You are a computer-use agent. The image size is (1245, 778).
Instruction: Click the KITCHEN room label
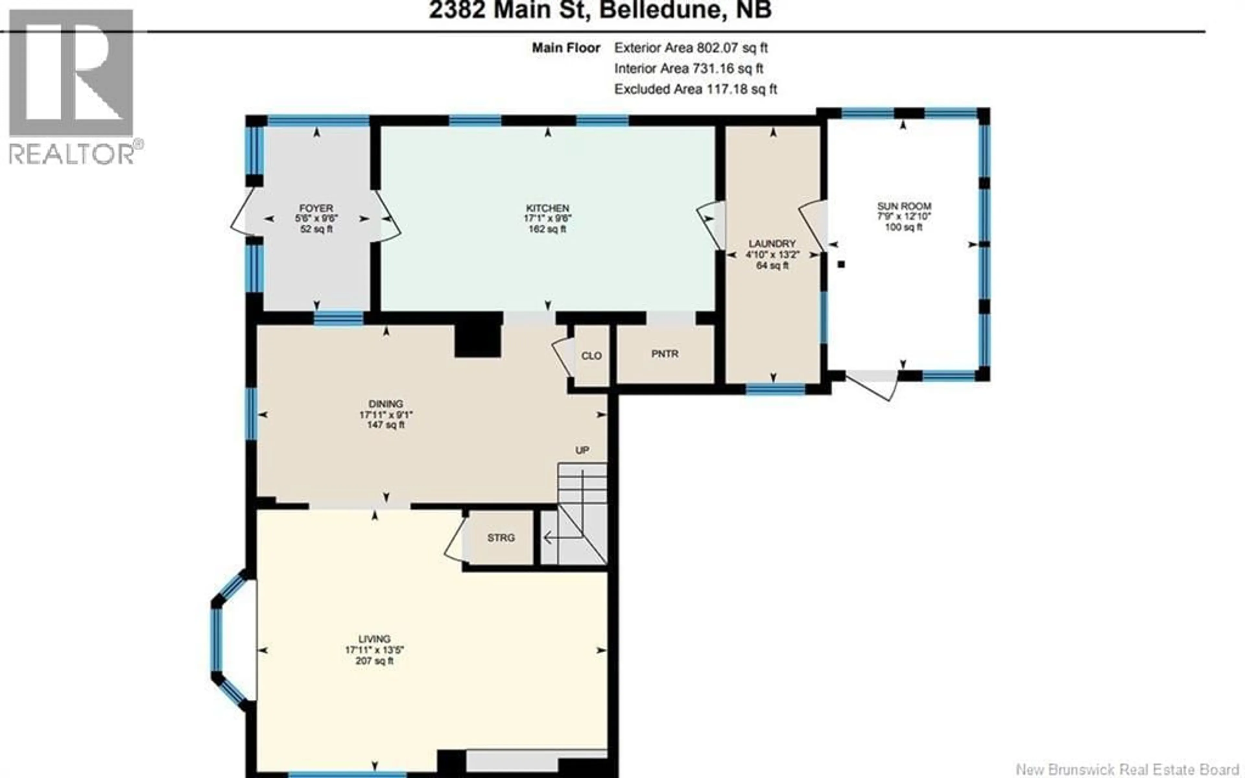pyautogui.click(x=547, y=208)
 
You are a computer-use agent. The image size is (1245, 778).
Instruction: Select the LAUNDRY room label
pyautogui.click(x=772, y=243)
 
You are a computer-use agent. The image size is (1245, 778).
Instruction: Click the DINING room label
pyautogui.click(x=385, y=404)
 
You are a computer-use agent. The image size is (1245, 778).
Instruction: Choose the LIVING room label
pyautogui.click(x=374, y=639)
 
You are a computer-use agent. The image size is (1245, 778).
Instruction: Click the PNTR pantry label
pyautogui.click(x=665, y=354)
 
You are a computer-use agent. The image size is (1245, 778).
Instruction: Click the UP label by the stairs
pyautogui.click(x=582, y=450)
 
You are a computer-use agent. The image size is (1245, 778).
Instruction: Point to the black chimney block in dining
pyautogui.click(x=478, y=341)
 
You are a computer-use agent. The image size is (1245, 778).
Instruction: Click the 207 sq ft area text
pyautogui.click(x=374, y=661)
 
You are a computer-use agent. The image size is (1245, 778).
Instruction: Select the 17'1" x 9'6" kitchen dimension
pyautogui.click(x=547, y=218)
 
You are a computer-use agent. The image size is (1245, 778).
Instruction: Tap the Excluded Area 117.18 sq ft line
pyautogui.click(x=695, y=89)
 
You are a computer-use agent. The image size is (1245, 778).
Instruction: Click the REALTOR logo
pyautogui.click(x=72, y=88)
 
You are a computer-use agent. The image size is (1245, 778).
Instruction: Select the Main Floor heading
pyautogui.click(x=565, y=48)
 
